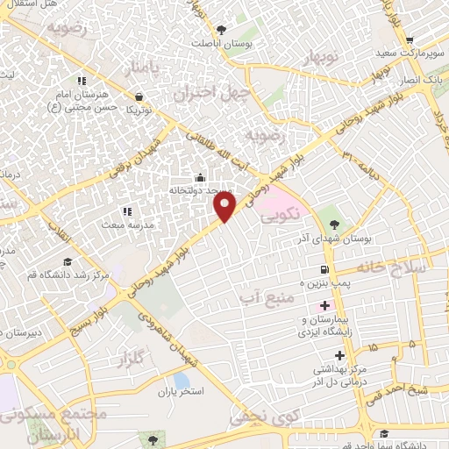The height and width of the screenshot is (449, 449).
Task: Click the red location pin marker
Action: point(225,206)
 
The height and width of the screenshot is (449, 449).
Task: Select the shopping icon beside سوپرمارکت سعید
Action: point(410,39)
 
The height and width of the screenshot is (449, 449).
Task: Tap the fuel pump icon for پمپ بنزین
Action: point(325,270)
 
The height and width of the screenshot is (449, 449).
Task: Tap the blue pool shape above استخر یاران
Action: point(181,380)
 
